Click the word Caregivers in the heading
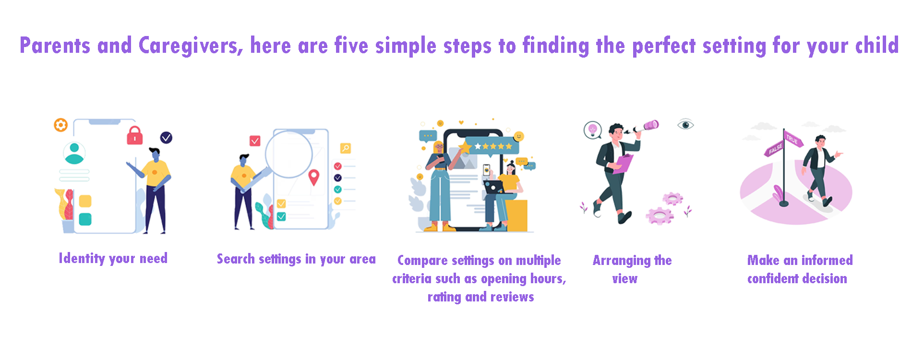[191, 46]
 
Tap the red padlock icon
[135, 135]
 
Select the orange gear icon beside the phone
[60, 125]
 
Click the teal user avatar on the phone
[74, 153]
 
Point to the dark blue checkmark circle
[166, 138]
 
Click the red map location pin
[314, 178]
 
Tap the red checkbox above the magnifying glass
[255, 141]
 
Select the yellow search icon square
[346, 148]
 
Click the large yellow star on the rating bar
[465, 147]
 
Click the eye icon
[685, 125]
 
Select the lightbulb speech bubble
[593, 130]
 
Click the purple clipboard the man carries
[623, 164]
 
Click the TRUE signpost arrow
[793, 140]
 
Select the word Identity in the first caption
[82, 259]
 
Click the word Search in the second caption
[236, 259]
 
